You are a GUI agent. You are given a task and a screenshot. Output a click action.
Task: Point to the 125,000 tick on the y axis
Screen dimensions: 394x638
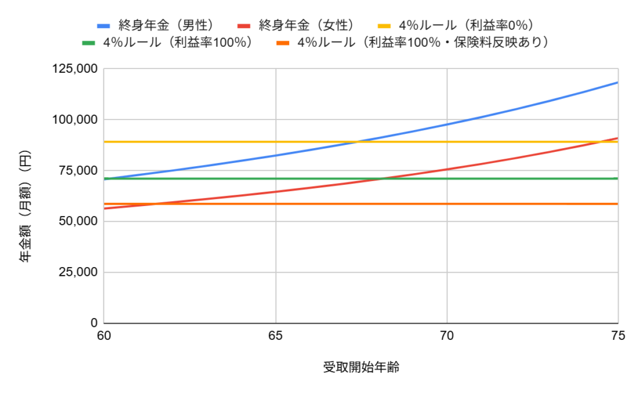74,68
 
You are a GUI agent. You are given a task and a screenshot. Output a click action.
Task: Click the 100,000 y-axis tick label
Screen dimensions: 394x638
74,120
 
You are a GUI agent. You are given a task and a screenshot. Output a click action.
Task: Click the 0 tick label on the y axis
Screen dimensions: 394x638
94,323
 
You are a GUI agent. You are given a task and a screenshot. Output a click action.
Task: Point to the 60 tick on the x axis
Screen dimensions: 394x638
103,337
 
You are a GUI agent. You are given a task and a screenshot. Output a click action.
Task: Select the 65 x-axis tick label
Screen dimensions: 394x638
275,337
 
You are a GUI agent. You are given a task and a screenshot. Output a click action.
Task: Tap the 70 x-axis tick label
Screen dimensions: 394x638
447,337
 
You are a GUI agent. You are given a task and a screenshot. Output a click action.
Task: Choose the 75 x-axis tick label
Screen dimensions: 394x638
617,337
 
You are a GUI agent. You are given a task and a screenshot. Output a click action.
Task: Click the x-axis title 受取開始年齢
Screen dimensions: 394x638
361,367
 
